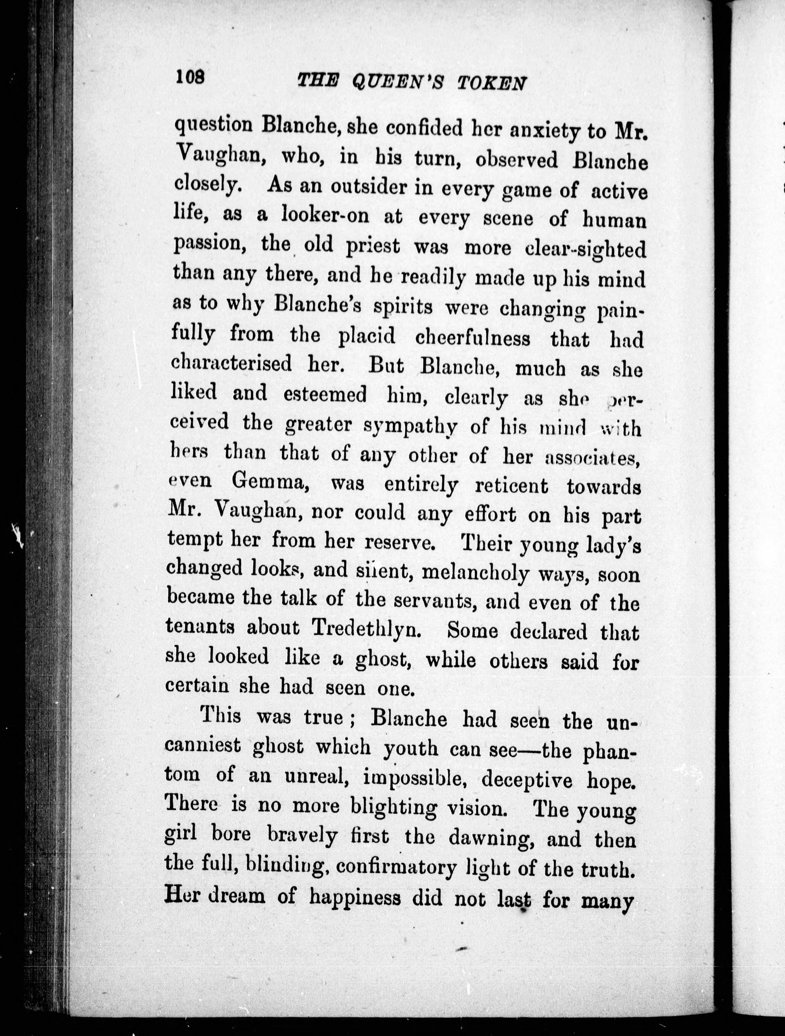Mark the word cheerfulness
tap(473, 338)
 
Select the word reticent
tap(511, 486)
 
